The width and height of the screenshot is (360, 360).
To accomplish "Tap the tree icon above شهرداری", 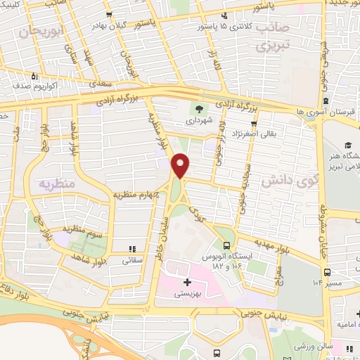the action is tap(200, 109).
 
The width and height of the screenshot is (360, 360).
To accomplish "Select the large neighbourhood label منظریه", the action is tap(55, 184).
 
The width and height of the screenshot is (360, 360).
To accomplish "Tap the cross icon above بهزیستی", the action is tap(187, 283).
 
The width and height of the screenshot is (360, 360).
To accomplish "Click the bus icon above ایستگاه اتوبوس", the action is tap(226, 246).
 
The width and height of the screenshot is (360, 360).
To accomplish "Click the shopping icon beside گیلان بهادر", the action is tap(109, 14).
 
